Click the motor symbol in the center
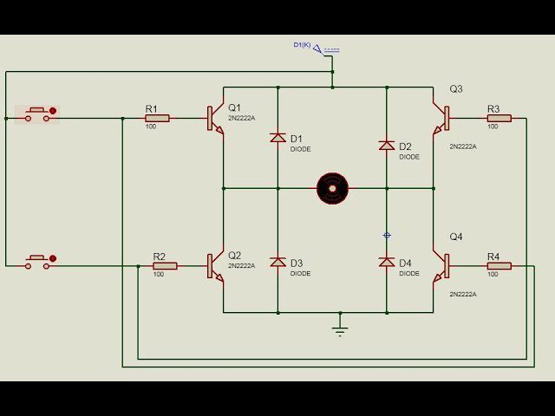click(332, 187)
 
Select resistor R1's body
click(156, 118)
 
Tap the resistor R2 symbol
click(164, 266)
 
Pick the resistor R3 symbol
click(499, 118)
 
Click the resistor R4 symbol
click(499, 266)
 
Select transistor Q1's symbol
click(215, 119)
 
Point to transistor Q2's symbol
click(215, 266)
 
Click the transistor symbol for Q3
click(441, 118)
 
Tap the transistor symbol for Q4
click(441, 266)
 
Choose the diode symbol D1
click(277, 138)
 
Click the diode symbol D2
click(387, 146)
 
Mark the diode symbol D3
click(277, 262)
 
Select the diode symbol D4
click(387, 262)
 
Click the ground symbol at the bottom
click(341, 329)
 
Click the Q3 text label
click(456, 89)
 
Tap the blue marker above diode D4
click(387, 235)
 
